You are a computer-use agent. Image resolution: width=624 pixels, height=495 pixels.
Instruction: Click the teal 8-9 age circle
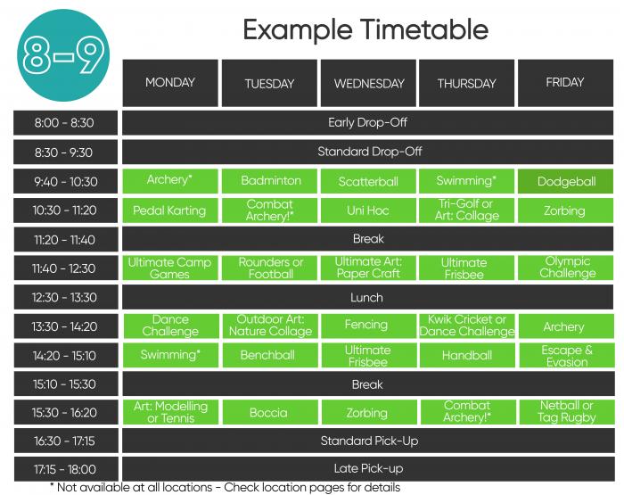click(63, 55)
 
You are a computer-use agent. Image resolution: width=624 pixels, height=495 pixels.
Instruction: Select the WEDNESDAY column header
click(368, 83)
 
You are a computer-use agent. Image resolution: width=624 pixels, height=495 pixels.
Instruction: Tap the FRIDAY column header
click(565, 83)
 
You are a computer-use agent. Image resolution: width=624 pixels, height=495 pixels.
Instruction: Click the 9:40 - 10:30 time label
click(66, 182)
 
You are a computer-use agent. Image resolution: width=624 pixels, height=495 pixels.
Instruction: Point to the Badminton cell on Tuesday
click(269, 181)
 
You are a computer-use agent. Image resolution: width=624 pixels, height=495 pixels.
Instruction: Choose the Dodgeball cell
click(565, 181)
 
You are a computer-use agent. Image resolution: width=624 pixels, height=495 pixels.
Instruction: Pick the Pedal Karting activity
click(170, 210)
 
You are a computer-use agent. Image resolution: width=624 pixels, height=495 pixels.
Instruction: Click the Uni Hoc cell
click(368, 210)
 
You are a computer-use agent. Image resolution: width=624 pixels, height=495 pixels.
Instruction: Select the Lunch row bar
click(367, 297)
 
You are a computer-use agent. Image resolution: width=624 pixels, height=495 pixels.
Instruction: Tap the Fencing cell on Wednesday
click(369, 326)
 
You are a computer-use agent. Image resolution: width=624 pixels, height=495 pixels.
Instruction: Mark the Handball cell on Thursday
click(468, 355)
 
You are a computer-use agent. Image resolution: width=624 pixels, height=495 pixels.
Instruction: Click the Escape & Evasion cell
click(567, 355)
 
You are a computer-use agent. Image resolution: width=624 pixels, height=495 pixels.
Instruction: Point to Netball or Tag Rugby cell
click(567, 412)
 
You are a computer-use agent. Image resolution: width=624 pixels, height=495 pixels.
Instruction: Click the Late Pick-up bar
click(368, 469)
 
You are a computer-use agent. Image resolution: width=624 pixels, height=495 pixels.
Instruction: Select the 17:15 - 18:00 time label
click(66, 469)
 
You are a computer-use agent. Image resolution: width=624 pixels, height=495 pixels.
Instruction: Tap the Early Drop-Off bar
click(367, 123)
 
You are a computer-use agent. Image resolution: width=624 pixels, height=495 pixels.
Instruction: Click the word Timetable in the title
click(424, 29)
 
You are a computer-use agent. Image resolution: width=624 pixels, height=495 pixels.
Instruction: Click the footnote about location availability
click(226, 488)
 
